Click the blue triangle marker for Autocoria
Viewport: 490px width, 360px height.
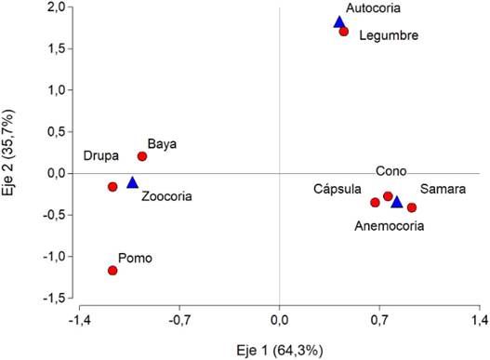click(x=339, y=22)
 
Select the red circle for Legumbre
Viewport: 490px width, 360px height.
click(x=344, y=32)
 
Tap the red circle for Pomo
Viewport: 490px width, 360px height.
click(x=113, y=271)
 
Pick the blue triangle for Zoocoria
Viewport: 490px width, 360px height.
click(x=132, y=183)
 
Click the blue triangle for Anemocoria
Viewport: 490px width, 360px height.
click(x=397, y=202)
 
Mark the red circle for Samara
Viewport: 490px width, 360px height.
click(x=412, y=207)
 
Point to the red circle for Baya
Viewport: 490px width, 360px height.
click(x=142, y=156)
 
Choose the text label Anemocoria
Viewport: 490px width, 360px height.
click(x=390, y=225)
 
